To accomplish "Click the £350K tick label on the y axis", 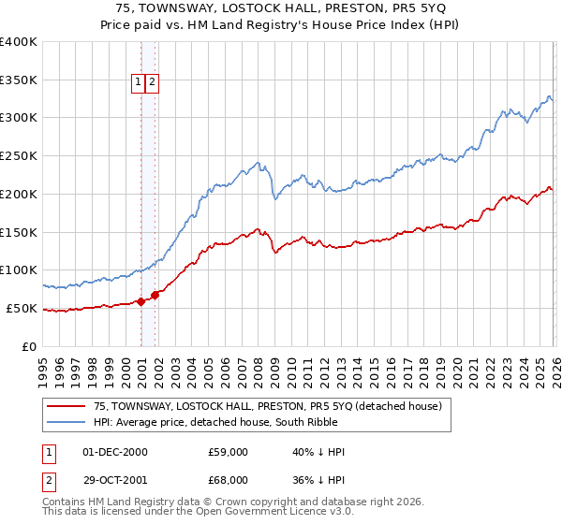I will click(19, 80).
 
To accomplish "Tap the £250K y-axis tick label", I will click(19, 155).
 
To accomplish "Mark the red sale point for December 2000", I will click(140, 301).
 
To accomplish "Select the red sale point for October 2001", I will click(155, 294).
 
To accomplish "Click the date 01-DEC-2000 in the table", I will click(115, 452).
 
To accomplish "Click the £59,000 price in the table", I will click(228, 452).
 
